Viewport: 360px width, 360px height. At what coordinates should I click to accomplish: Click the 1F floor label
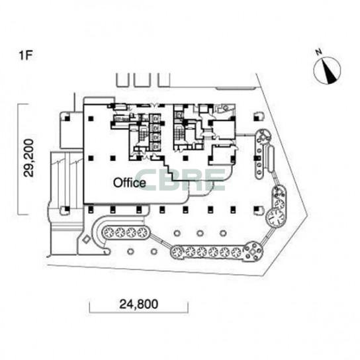click(26, 55)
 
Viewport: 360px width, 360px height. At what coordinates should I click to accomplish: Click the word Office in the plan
click(130, 183)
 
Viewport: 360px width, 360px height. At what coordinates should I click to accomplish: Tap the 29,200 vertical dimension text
click(29, 158)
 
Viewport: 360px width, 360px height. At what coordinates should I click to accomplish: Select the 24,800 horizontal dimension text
click(139, 304)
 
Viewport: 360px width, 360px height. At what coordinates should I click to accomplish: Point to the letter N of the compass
click(318, 52)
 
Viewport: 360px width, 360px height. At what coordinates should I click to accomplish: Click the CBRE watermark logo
click(181, 180)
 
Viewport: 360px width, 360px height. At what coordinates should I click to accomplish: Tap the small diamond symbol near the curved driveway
click(86, 240)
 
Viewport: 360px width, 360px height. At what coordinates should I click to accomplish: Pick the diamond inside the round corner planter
click(253, 251)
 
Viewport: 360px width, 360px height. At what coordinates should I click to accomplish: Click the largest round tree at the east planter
click(275, 217)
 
